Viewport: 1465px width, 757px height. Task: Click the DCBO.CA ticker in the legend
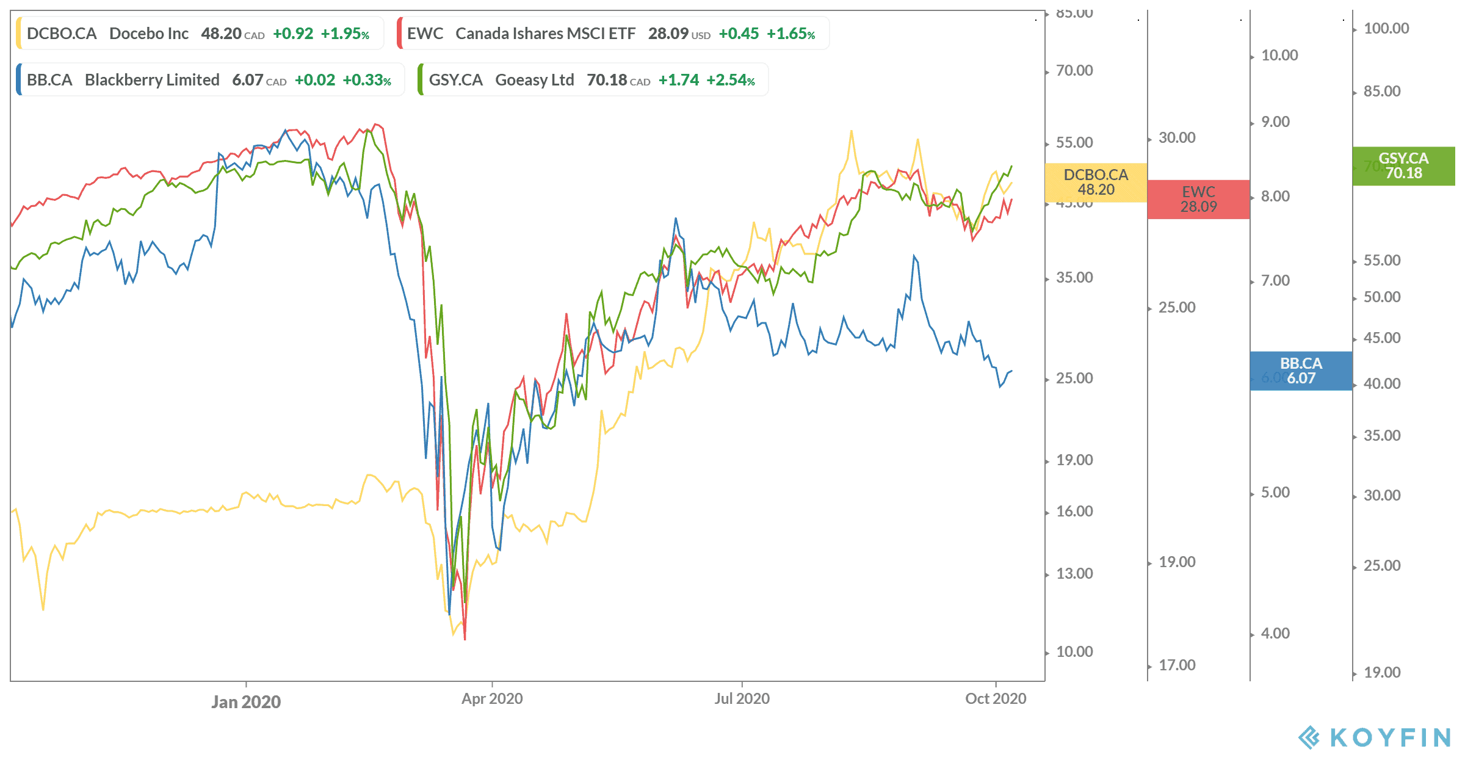[x=62, y=34]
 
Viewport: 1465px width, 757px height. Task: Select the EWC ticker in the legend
[x=425, y=34]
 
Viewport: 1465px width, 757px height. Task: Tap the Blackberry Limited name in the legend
[x=152, y=80]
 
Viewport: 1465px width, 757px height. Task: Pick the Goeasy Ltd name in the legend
[x=534, y=80]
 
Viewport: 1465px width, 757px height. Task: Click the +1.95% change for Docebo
[x=345, y=34]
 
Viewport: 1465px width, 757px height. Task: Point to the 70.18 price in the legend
[x=607, y=80]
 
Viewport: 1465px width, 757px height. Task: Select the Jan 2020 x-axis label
[x=246, y=701]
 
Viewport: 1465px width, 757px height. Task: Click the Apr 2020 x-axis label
[x=492, y=698]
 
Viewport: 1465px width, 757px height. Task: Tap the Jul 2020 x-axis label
[x=742, y=698]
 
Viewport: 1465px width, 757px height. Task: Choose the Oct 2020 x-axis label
[x=996, y=698]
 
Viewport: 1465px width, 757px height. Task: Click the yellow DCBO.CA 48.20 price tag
[x=1096, y=182]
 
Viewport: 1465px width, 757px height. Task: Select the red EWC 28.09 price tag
[x=1198, y=199]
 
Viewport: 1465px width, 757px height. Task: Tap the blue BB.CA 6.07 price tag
[x=1301, y=371]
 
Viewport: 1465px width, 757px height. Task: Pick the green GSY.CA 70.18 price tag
[x=1403, y=165]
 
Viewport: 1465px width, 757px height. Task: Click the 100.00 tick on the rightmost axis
[x=1386, y=29]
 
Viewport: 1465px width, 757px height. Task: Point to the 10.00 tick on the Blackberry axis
[x=1279, y=56]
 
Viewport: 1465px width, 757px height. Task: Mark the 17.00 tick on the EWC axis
[x=1177, y=665]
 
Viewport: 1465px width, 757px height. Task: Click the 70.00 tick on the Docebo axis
[x=1074, y=71]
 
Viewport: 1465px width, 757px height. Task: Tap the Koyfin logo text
[x=1390, y=737]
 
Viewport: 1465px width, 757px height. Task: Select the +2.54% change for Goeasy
[x=731, y=80]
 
